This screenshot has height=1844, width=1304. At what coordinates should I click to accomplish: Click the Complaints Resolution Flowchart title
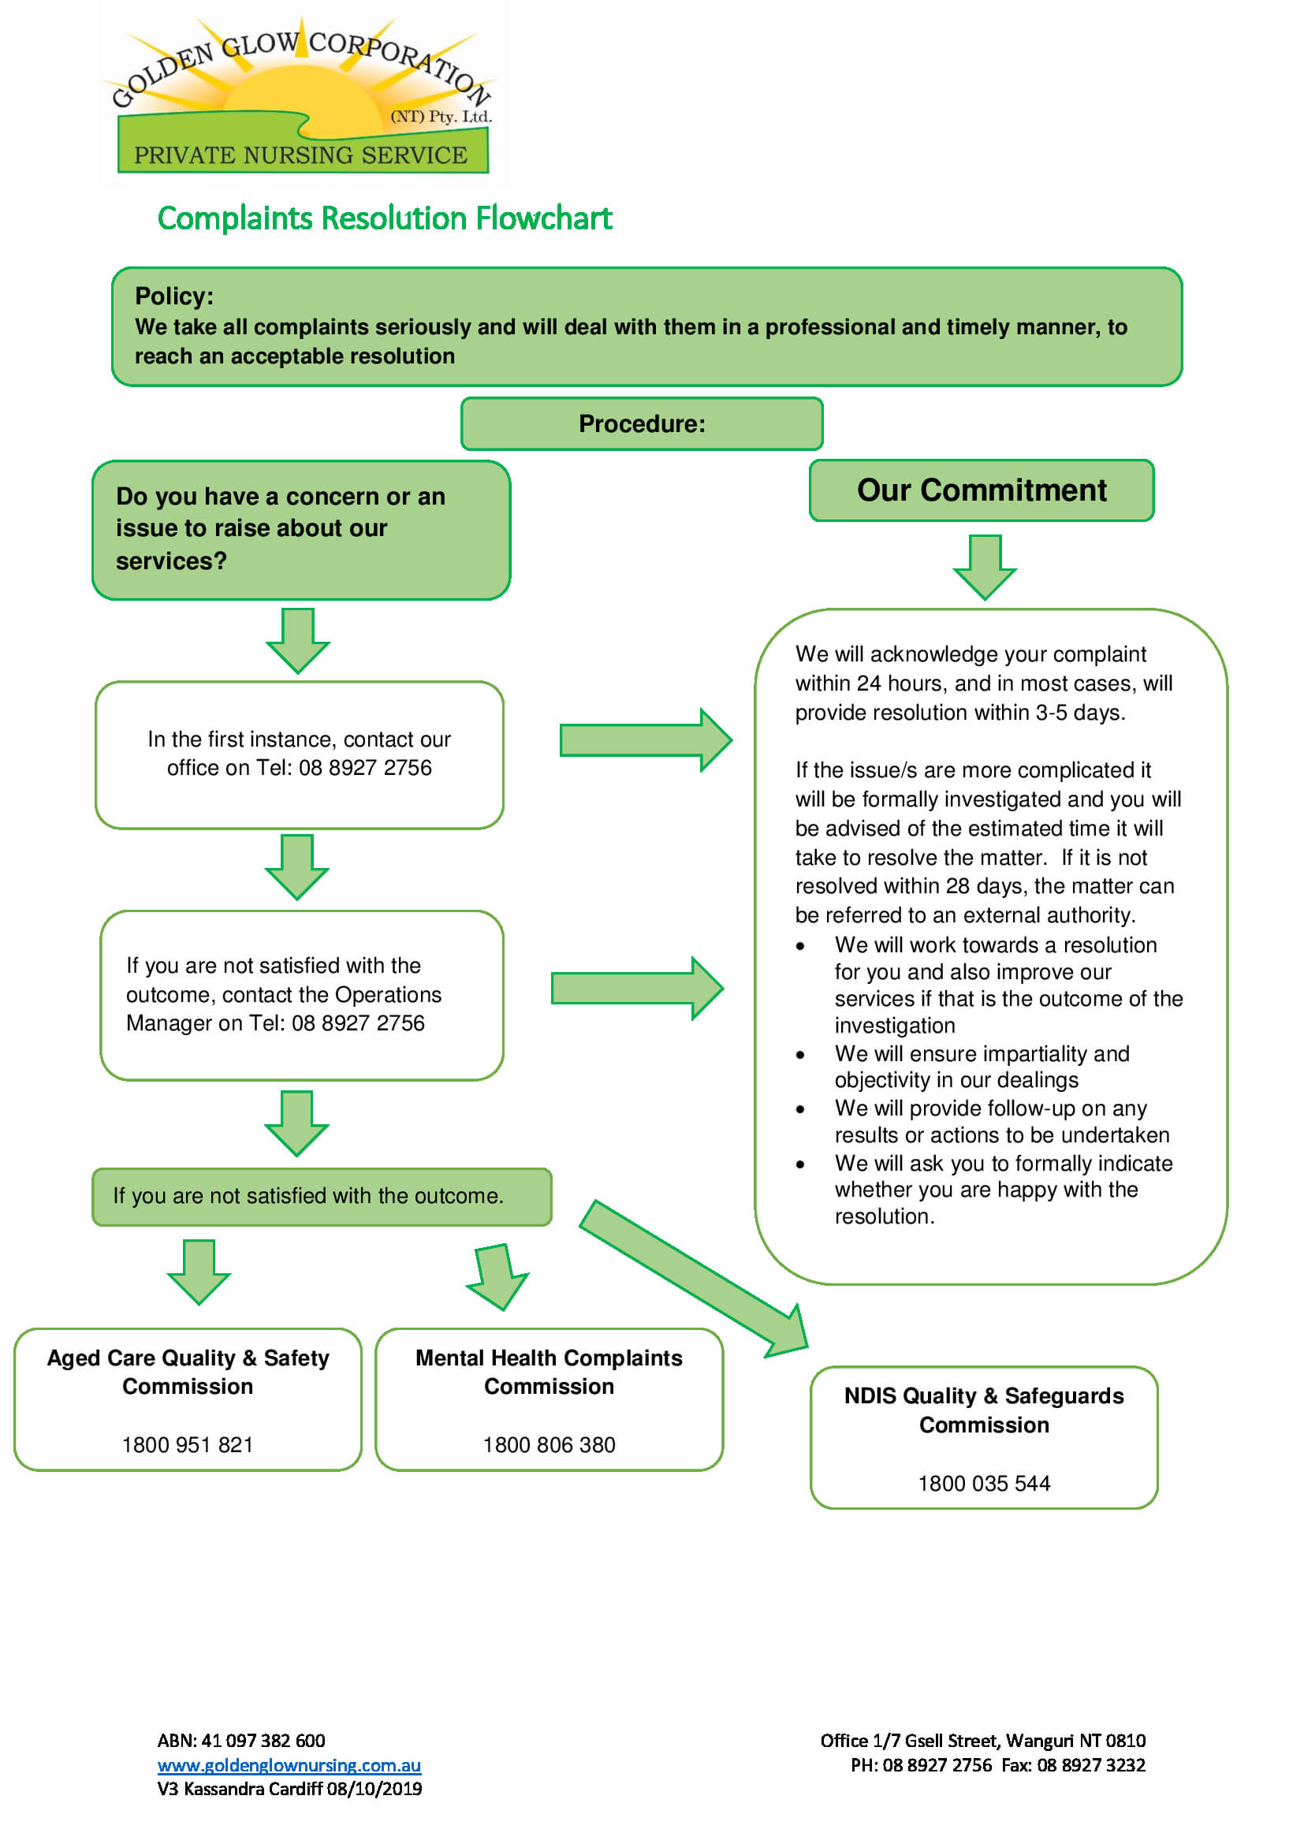(384, 218)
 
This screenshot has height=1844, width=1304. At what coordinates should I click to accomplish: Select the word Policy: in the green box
(174, 296)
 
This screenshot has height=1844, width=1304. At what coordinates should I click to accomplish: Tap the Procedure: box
(641, 423)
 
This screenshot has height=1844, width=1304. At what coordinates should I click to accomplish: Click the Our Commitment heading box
(981, 490)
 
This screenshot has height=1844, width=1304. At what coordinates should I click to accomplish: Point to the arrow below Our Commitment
(984, 566)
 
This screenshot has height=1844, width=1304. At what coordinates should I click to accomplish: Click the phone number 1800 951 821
(187, 1445)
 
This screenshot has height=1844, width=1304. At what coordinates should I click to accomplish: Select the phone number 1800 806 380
(549, 1445)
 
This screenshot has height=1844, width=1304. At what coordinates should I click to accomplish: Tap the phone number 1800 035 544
(983, 1484)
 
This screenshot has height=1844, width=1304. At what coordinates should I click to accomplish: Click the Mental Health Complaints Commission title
(549, 1372)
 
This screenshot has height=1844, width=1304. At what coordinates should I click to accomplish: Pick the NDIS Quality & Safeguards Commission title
(983, 1410)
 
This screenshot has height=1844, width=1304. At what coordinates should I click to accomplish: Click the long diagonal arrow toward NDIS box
(693, 1277)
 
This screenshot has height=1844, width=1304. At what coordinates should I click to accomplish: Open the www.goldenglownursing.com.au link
(289, 1765)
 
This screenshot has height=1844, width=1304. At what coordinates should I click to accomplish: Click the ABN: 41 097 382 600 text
(241, 1741)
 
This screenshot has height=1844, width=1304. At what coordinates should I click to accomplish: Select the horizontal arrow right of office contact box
(645, 739)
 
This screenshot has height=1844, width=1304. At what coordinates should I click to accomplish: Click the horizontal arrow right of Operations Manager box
(637, 988)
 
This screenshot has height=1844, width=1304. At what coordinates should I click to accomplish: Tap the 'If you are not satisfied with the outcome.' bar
(321, 1196)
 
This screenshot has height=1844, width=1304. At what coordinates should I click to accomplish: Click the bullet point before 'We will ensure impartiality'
(799, 1056)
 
